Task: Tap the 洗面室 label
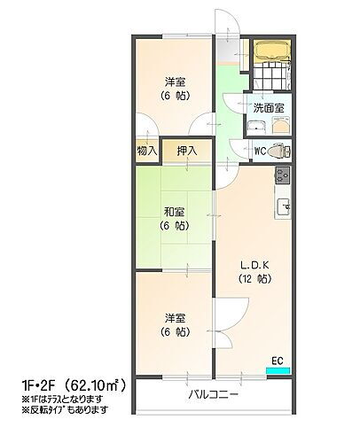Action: point(269,108)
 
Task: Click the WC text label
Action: point(260,151)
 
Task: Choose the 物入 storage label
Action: point(147,151)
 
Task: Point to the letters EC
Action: point(278,359)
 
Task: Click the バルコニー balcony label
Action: point(214,395)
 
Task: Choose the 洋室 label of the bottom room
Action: point(174,317)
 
